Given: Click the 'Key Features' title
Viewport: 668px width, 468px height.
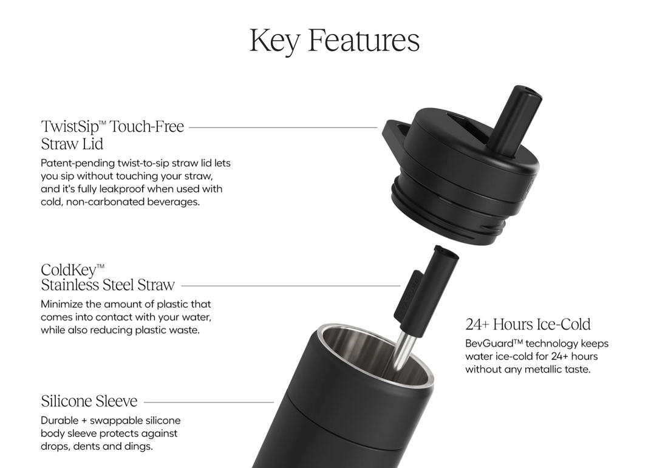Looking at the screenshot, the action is (x=335, y=41).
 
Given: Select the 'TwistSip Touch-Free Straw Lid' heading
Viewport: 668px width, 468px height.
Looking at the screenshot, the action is (x=112, y=135).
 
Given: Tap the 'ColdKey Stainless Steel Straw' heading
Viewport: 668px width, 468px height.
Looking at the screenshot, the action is (x=107, y=277).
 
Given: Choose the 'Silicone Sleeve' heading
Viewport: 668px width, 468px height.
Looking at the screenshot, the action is (x=89, y=401).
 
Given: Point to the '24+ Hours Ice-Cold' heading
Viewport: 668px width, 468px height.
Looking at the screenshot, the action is (x=528, y=325).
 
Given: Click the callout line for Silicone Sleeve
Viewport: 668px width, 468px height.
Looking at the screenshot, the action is (x=209, y=402).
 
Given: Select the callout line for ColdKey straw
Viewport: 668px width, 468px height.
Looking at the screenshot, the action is (x=291, y=286).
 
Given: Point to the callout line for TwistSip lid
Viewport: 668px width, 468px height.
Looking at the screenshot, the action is (x=283, y=127).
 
